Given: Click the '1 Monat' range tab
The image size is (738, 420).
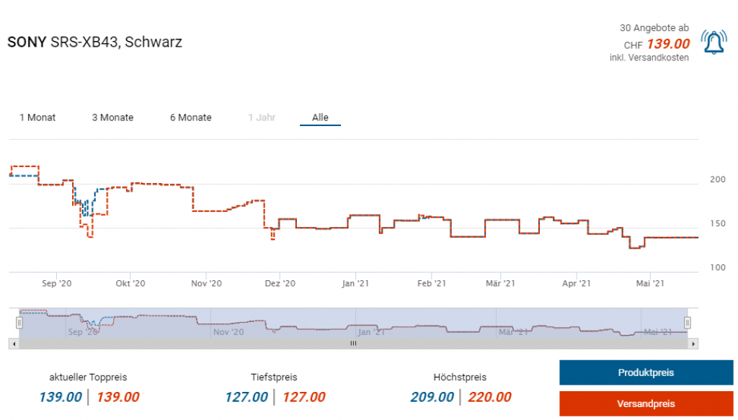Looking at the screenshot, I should [x=37, y=117].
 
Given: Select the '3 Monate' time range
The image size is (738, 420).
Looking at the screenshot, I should [x=112, y=117].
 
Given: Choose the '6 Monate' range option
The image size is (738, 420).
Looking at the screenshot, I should [x=191, y=117].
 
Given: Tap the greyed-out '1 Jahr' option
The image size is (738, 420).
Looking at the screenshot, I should [x=262, y=117].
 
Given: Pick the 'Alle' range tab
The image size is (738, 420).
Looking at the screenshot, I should [x=320, y=117].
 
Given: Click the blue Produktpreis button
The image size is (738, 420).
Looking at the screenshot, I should [x=646, y=372].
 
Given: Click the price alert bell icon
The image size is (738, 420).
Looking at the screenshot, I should [x=713, y=43].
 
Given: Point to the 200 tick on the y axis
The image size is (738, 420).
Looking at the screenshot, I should [x=718, y=179].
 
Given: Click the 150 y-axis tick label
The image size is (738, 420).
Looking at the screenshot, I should [x=718, y=223].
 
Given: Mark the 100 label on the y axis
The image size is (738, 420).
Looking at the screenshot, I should [x=718, y=268].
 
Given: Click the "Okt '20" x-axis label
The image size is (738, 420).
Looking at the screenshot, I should [x=130, y=284].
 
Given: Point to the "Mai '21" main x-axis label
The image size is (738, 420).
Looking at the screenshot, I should [x=651, y=284].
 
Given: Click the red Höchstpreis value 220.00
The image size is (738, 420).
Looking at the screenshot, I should [x=489, y=397].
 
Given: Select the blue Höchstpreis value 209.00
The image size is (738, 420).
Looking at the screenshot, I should [x=432, y=397].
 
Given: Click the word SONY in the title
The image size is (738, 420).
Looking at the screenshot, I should [x=26, y=43].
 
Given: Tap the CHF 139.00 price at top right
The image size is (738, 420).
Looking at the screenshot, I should [x=668, y=44].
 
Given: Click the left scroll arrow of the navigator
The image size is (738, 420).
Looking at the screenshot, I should [x=13, y=344].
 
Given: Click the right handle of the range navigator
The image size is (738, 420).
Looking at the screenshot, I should [x=688, y=323].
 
